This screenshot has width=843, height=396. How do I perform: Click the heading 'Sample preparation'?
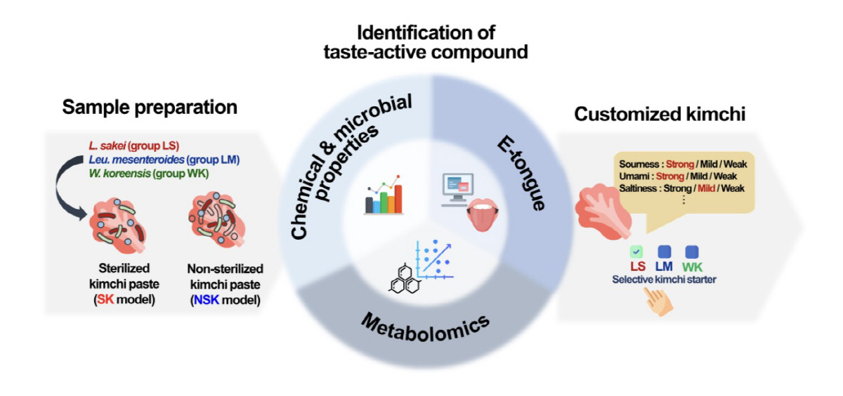point(150,108)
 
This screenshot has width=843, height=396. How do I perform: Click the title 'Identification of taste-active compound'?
point(426,42)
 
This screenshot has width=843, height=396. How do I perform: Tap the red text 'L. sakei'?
point(104,146)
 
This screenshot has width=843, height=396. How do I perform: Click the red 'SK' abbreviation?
point(105,300)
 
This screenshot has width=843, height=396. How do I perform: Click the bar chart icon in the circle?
point(383,195)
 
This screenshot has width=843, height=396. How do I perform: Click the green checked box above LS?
point(636,251)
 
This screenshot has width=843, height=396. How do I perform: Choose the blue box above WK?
point(692,251)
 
